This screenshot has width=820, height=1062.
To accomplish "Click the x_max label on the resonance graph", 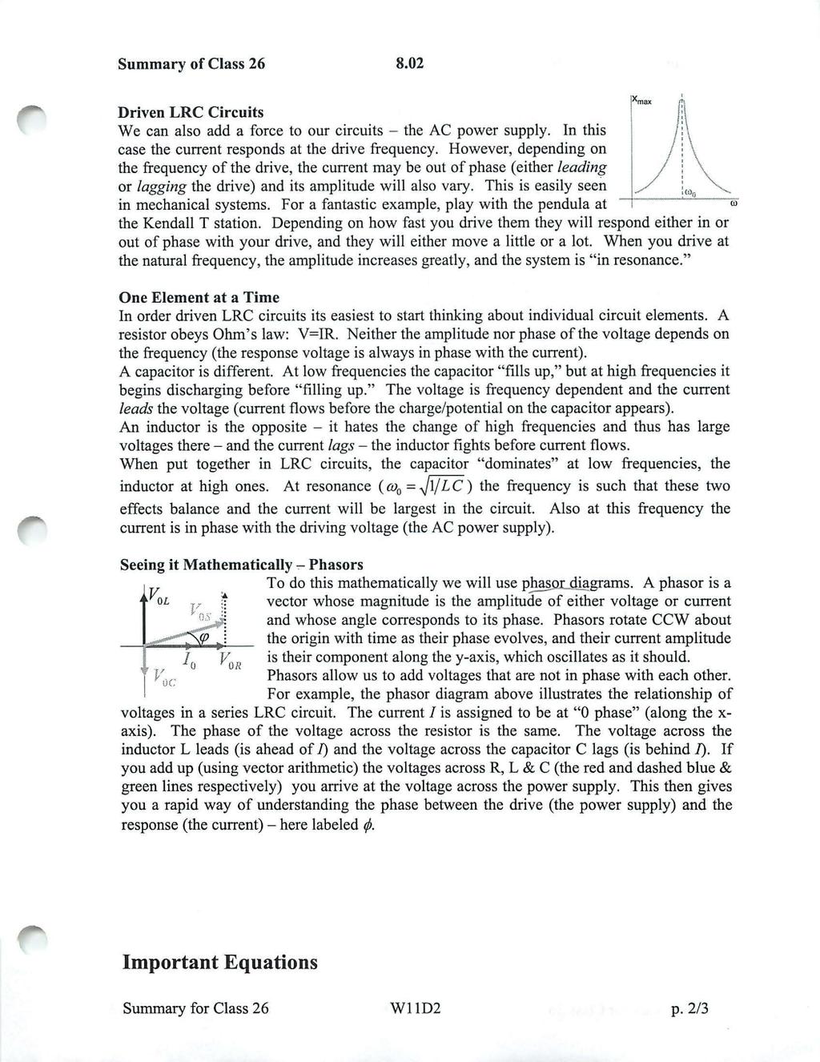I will pos(642,101).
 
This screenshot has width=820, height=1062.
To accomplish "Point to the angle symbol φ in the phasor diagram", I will pos(203,637).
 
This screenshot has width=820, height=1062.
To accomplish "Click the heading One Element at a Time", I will pos(199,297).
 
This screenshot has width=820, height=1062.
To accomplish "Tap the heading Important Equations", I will pos(219,962).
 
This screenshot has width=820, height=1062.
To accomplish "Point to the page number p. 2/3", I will pos(689,1008).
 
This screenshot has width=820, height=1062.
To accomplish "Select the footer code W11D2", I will pos(412,1008).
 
